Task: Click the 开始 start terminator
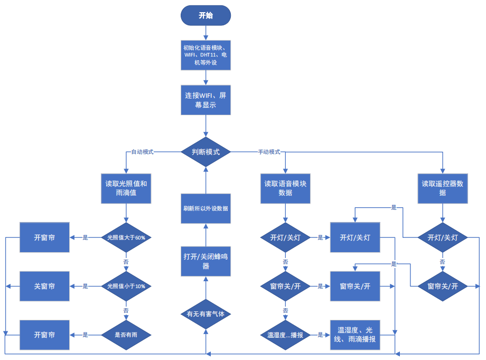click(x=205, y=15)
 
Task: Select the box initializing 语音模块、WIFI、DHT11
click(x=205, y=55)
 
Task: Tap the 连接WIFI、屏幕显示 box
click(x=205, y=100)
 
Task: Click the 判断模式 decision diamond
click(x=205, y=152)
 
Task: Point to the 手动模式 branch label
click(x=269, y=152)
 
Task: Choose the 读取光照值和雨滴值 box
click(x=126, y=189)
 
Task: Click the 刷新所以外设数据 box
click(x=205, y=208)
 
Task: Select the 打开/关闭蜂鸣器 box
click(x=205, y=261)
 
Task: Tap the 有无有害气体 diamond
click(x=205, y=313)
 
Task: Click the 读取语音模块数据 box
click(x=285, y=188)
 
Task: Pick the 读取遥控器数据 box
click(x=443, y=188)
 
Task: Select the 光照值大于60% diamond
click(x=126, y=237)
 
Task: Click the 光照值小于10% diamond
click(x=126, y=286)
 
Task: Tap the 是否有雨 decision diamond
click(x=126, y=335)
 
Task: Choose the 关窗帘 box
click(x=44, y=286)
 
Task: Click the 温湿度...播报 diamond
click(x=285, y=335)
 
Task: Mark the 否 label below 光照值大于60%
click(x=126, y=262)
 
